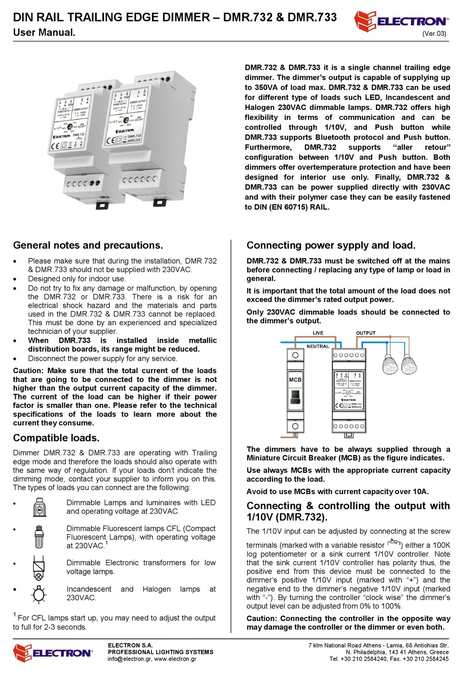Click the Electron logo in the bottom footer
point(52,652)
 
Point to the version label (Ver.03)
point(434,34)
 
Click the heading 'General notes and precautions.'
point(88,245)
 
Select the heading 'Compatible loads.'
point(56,438)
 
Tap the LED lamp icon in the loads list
point(39,507)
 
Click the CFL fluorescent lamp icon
point(39,536)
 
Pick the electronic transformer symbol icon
point(39,567)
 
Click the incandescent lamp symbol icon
point(39,594)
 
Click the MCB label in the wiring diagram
point(295,379)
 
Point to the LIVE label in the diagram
point(318,333)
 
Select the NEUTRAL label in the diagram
point(317,346)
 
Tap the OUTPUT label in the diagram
point(365,333)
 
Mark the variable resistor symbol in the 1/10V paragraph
point(394,543)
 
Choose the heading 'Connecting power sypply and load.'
point(331,245)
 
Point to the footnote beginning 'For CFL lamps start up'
point(114,622)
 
